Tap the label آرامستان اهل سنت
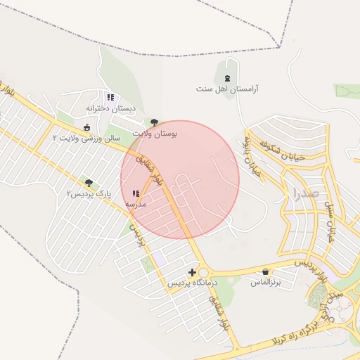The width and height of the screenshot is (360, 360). point(227,89)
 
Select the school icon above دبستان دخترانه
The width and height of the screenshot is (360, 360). point(110,97)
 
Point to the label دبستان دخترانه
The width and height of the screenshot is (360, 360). point(110,108)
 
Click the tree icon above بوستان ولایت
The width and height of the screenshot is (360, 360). point(155,122)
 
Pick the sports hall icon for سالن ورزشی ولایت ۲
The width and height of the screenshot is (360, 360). point(86,127)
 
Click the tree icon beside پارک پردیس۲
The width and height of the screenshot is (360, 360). point(87,182)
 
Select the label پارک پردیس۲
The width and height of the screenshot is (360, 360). point(89,193)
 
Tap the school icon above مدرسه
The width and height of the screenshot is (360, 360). point(135,193)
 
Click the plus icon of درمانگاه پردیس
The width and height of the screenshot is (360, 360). point(192,271)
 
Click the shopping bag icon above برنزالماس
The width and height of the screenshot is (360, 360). point(265,271)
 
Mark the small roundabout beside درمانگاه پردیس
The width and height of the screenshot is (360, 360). point(205,272)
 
